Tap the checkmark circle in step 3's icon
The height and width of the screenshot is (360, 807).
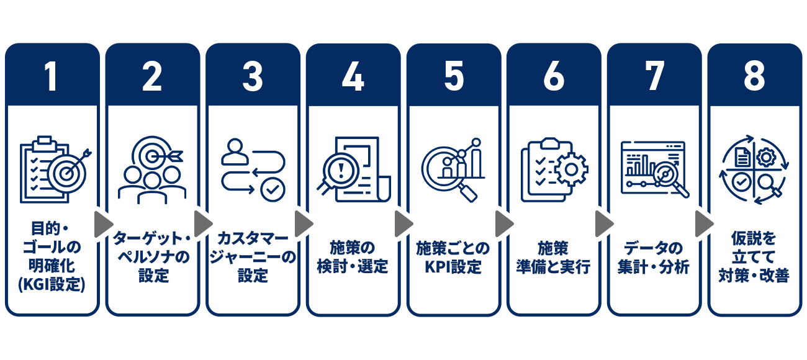[x=272, y=189]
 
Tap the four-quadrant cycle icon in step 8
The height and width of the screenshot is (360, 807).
[x=754, y=169]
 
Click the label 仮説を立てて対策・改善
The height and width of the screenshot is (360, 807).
[x=754, y=257]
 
